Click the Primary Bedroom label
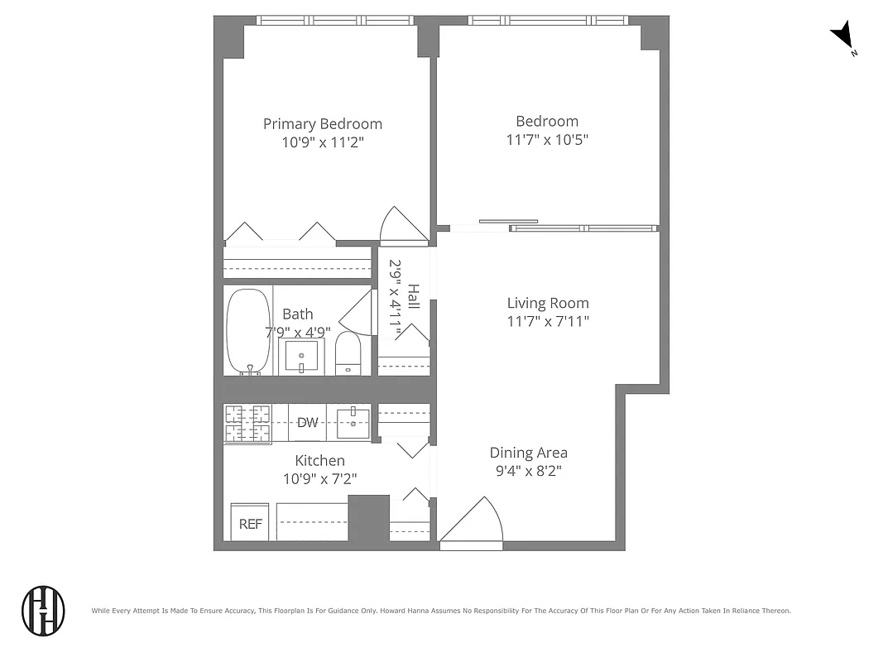[x=322, y=124]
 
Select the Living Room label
[x=547, y=303]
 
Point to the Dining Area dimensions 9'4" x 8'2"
[x=529, y=471]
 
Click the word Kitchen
[x=319, y=460]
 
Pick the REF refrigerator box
[x=250, y=523]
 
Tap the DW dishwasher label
[x=307, y=423]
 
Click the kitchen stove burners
[x=247, y=424]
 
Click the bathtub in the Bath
[x=247, y=331]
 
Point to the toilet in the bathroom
[x=348, y=354]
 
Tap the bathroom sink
[x=302, y=357]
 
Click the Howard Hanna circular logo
[x=43, y=612]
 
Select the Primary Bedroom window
[x=334, y=21]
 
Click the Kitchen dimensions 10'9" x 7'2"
[x=319, y=478]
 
